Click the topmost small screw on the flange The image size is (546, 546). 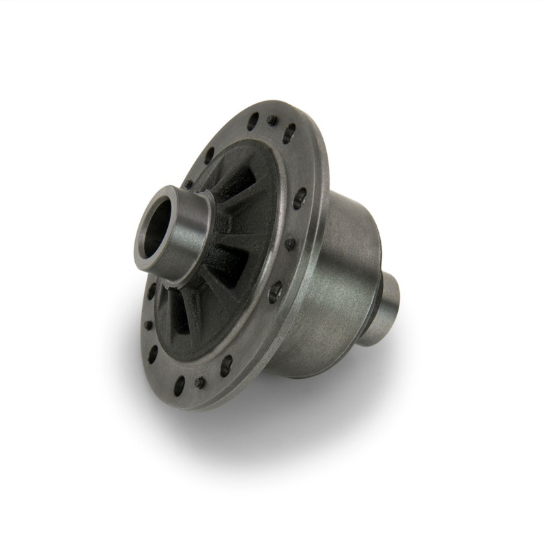tap(272, 119)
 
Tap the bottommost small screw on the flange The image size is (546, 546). tap(199, 382)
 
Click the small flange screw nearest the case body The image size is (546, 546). tap(290, 243)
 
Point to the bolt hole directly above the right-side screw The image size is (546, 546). tap(299, 199)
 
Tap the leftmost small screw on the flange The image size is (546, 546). tap(148, 325)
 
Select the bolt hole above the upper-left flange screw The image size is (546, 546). tap(209, 155)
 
